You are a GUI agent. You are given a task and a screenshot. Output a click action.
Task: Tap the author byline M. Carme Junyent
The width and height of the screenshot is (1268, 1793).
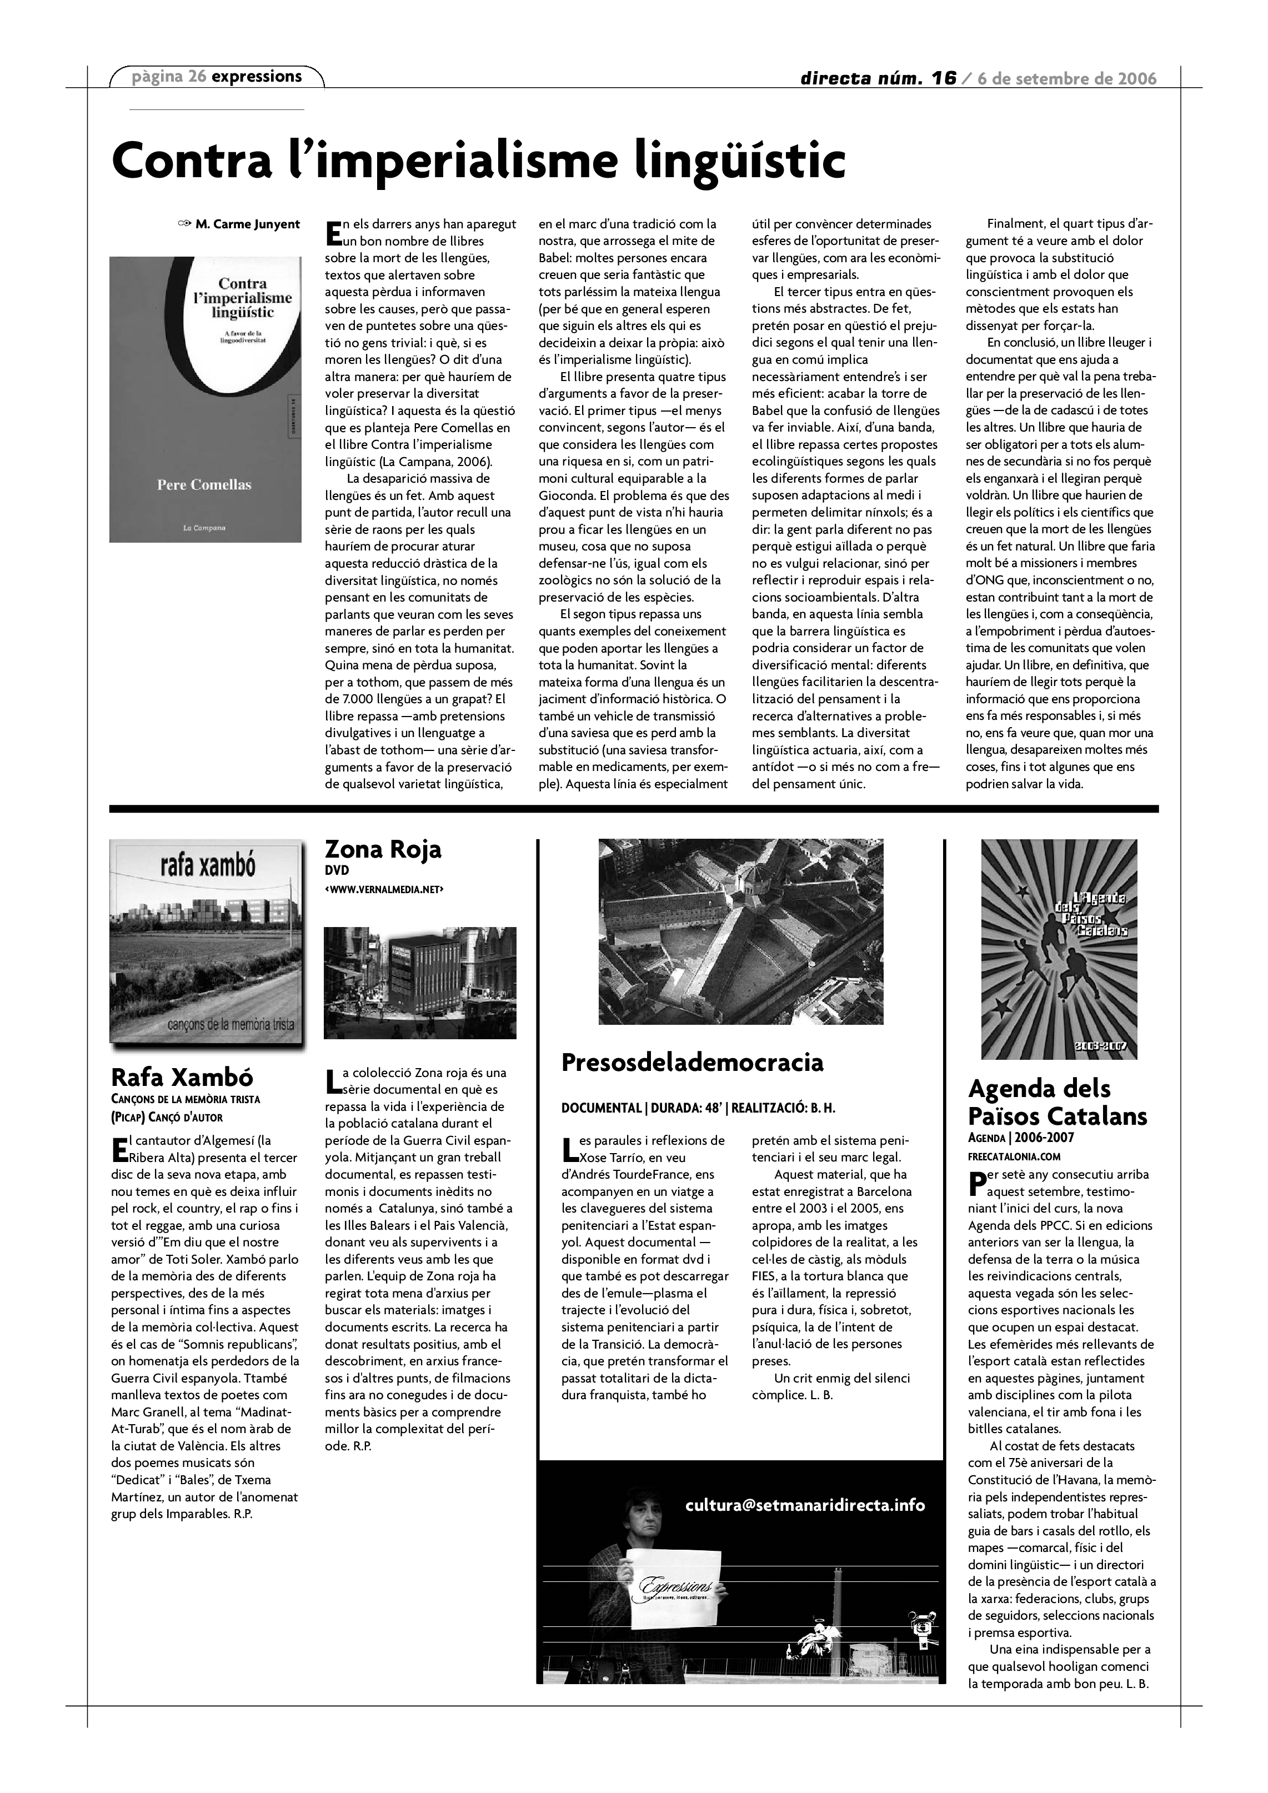coord(247,225)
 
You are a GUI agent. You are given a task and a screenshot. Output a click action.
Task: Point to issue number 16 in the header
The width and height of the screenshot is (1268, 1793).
coord(944,77)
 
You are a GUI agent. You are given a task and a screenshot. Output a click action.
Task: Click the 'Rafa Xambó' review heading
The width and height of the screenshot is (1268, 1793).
coord(182,1077)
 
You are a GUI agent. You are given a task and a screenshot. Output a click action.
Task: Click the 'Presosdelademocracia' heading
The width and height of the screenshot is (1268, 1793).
coord(692,1062)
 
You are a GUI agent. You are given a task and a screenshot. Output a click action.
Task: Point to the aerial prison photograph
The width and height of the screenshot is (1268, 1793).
coord(740,931)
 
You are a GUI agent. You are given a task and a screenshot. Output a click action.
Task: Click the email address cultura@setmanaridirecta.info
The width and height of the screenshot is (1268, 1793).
coord(804,1504)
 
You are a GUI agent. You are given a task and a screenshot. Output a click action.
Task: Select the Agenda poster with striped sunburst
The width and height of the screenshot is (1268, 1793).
coord(1059,948)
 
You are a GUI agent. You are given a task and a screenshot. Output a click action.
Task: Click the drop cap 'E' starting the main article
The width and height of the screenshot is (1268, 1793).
coord(333,232)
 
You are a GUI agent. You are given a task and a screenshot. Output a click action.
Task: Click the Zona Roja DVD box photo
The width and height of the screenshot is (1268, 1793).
coord(420,983)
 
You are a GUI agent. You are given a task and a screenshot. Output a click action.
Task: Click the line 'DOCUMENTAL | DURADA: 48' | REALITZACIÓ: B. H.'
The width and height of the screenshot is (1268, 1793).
coord(698,1108)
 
